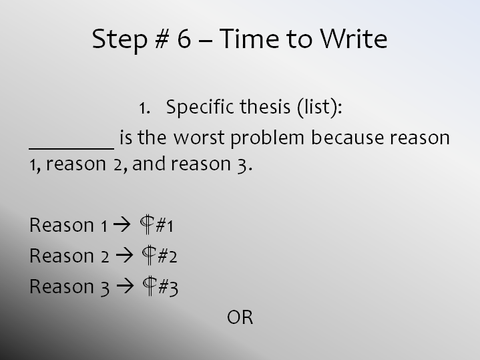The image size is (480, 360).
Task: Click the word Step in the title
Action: [x=119, y=39]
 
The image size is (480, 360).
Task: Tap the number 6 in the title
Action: [x=184, y=38]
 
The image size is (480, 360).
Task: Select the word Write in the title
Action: [x=354, y=38]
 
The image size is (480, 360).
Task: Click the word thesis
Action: [x=265, y=107]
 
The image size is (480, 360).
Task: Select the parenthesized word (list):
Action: [x=319, y=108]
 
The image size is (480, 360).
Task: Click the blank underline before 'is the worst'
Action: [x=71, y=148]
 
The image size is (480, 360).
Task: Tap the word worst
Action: [x=199, y=138]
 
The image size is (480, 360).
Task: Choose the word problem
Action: [x=267, y=138]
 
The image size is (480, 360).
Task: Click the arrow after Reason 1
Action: [x=122, y=225]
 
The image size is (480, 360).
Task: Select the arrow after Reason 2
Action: [x=125, y=256]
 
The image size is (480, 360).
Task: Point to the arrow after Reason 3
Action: [x=126, y=286]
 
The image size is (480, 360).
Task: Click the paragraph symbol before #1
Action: [x=147, y=224]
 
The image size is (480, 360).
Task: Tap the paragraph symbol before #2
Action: [x=149, y=255]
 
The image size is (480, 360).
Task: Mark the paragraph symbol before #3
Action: [x=150, y=286]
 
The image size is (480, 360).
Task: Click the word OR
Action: [x=240, y=317]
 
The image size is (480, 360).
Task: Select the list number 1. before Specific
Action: [x=144, y=108]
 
